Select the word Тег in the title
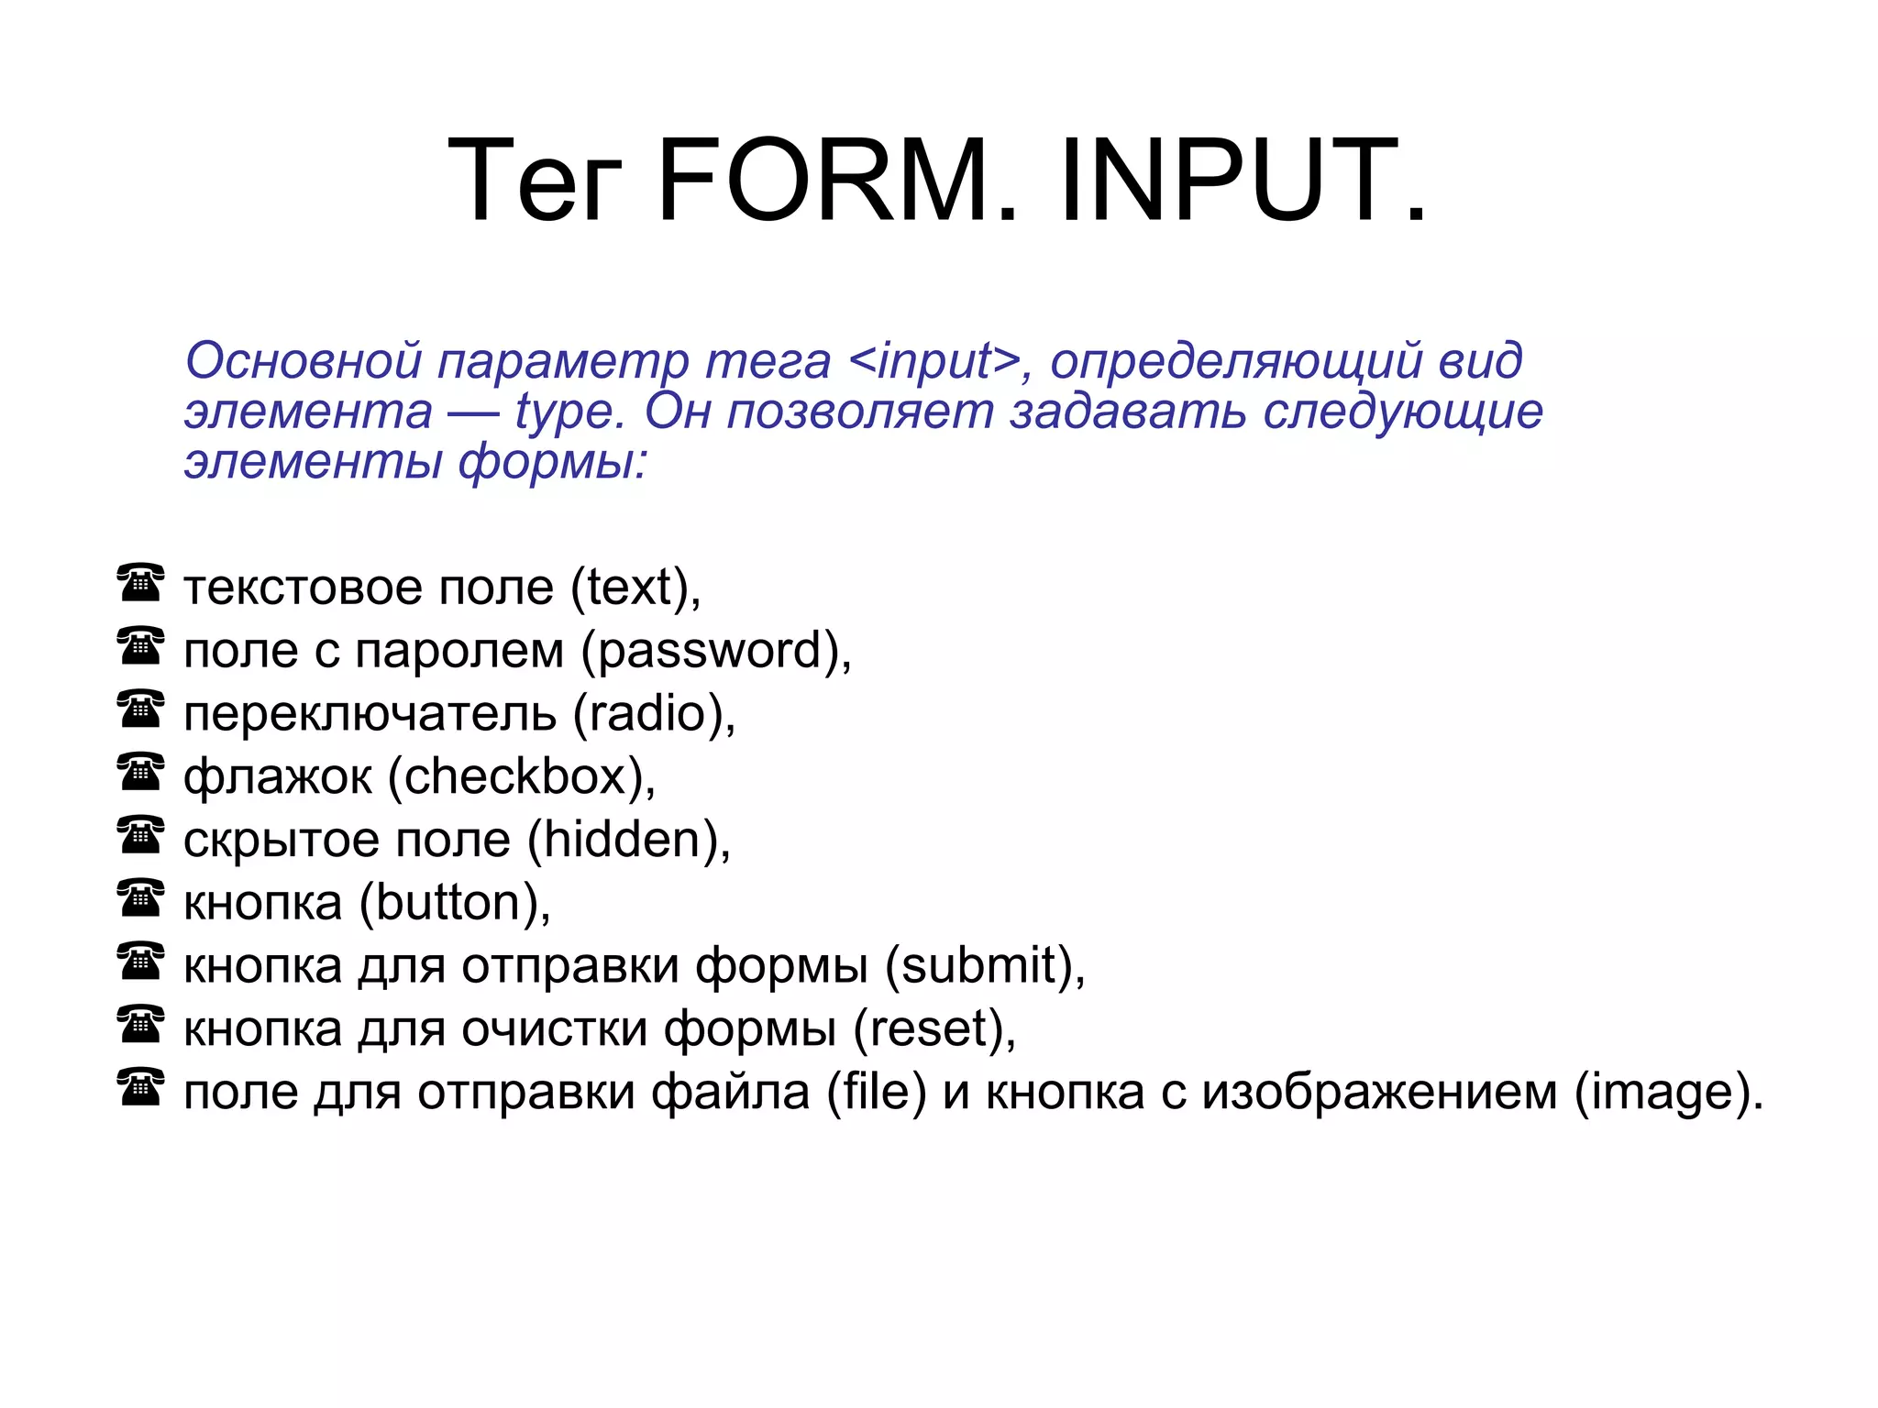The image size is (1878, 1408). (x=535, y=181)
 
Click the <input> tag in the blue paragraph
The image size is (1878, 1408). (x=934, y=360)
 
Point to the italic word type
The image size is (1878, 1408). (x=569, y=412)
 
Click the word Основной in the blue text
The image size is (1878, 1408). (x=304, y=360)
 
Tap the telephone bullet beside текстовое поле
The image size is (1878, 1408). (x=140, y=583)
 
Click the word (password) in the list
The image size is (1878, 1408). (x=715, y=651)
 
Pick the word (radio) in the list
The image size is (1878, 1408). (x=653, y=714)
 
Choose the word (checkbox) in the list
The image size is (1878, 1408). (x=521, y=777)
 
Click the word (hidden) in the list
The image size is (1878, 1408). (x=628, y=841)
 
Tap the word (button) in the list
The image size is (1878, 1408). (x=454, y=904)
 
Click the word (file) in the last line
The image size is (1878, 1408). (x=877, y=1093)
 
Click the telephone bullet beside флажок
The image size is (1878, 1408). (x=140, y=772)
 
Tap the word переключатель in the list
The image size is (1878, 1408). (x=370, y=714)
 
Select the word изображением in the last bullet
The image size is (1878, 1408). (x=1379, y=1093)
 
